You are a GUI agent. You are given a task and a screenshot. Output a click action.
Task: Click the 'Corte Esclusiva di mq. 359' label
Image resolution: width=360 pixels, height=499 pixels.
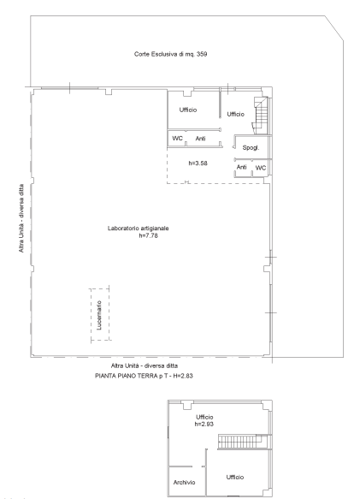(x=170, y=54)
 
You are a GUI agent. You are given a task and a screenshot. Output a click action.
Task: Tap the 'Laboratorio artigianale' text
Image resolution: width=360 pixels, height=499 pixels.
(x=138, y=229)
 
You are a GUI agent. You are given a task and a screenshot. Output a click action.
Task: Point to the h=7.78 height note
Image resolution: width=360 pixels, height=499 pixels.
(x=148, y=236)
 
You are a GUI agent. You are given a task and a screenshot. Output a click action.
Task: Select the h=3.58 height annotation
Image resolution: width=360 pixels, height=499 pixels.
(x=198, y=163)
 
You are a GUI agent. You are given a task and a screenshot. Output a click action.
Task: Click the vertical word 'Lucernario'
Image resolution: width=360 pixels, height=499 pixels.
(x=99, y=315)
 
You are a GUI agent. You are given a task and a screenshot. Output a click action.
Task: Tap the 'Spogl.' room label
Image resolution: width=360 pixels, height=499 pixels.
(x=251, y=148)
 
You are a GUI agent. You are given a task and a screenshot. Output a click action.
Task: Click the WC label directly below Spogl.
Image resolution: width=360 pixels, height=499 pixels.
(x=261, y=168)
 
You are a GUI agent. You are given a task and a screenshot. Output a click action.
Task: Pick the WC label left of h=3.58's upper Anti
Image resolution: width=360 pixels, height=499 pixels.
(x=178, y=139)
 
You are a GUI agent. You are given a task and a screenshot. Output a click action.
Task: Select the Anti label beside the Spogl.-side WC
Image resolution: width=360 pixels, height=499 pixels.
(x=242, y=167)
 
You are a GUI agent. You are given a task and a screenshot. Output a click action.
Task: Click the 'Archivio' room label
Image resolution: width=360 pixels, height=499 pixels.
(x=184, y=483)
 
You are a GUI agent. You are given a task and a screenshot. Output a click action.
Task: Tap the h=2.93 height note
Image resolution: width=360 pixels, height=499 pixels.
(x=204, y=425)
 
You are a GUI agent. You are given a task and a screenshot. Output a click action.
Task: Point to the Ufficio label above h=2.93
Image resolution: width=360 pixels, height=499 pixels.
(x=204, y=417)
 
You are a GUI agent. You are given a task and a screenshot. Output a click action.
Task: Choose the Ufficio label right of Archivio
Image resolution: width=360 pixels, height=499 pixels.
(x=235, y=477)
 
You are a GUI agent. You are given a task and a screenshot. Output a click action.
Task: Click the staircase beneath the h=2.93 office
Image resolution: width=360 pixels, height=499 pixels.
(x=245, y=442)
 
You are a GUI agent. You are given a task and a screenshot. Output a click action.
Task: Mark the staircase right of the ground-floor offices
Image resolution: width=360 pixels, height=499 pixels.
(x=262, y=116)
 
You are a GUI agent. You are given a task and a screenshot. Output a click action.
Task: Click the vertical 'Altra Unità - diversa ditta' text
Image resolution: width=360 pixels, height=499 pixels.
(x=21, y=218)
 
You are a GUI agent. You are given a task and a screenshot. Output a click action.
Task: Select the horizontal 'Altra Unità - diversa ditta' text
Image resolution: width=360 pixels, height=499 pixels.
(x=145, y=365)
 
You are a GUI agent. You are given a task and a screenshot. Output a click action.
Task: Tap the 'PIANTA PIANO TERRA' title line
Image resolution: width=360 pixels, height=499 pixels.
(x=144, y=376)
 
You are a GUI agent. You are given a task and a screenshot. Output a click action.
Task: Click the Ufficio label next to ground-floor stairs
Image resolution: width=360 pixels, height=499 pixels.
(x=236, y=114)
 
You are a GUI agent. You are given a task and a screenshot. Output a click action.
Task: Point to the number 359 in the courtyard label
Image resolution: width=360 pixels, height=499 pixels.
(x=202, y=54)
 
